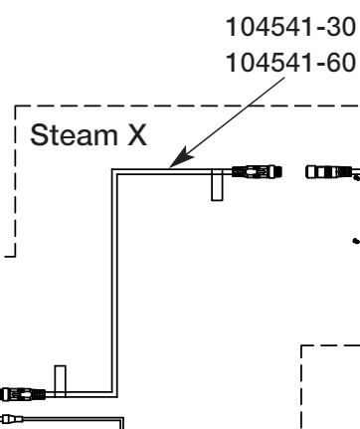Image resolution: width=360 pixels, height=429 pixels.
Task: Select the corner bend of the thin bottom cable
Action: pyautogui.click(x=120, y=419)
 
